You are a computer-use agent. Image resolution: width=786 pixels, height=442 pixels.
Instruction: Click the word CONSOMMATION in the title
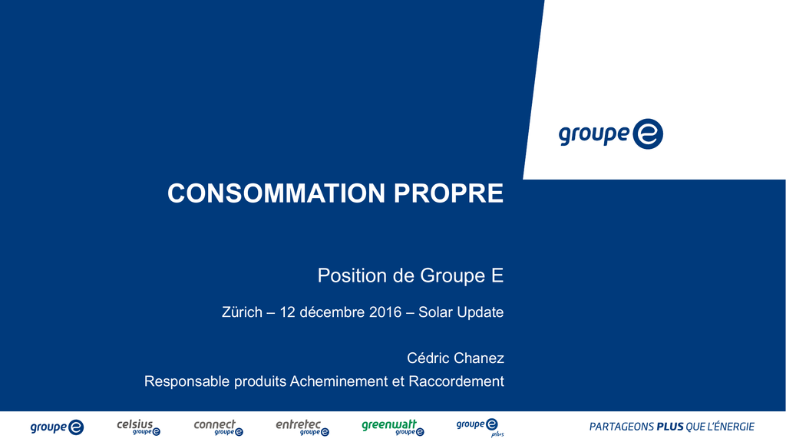pyautogui.click(x=276, y=193)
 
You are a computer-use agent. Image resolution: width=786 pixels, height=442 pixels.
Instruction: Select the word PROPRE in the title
pyautogui.click(x=448, y=193)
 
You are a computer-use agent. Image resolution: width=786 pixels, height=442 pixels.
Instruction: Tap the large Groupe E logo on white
pyautogui.click(x=610, y=134)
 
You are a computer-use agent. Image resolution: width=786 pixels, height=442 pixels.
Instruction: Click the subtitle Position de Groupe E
pyautogui.click(x=411, y=275)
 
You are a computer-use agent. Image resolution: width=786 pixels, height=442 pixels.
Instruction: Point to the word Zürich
pyautogui.click(x=242, y=312)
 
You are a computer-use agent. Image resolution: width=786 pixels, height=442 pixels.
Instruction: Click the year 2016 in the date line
pyautogui.click(x=385, y=312)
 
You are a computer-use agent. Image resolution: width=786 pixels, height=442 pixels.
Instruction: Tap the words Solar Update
pyautogui.click(x=461, y=312)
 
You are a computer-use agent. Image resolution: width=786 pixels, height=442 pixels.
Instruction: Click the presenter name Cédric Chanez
pyautogui.click(x=455, y=358)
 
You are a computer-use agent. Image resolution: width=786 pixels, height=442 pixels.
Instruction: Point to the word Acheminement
pyautogui.click(x=339, y=381)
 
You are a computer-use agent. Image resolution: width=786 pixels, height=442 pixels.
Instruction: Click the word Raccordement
pyautogui.click(x=456, y=381)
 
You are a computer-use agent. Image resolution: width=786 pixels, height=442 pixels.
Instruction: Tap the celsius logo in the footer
pyautogui.click(x=139, y=427)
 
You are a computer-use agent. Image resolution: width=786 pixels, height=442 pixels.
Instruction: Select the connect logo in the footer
pyautogui.click(x=219, y=427)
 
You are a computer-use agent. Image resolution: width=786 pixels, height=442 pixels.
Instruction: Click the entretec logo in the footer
pyautogui.click(x=302, y=427)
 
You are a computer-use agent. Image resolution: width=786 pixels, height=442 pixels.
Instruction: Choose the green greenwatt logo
pyautogui.click(x=393, y=427)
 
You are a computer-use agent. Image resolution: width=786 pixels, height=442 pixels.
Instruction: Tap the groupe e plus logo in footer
pyautogui.click(x=480, y=428)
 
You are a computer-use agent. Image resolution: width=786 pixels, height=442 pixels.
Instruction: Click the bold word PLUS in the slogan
pyautogui.click(x=670, y=427)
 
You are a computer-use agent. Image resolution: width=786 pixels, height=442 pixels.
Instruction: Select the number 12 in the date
pyautogui.click(x=287, y=312)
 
